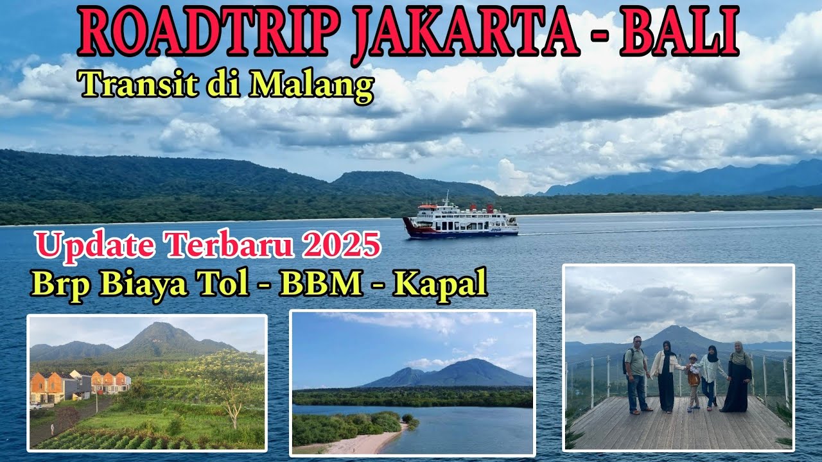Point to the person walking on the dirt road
click(51, 428)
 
